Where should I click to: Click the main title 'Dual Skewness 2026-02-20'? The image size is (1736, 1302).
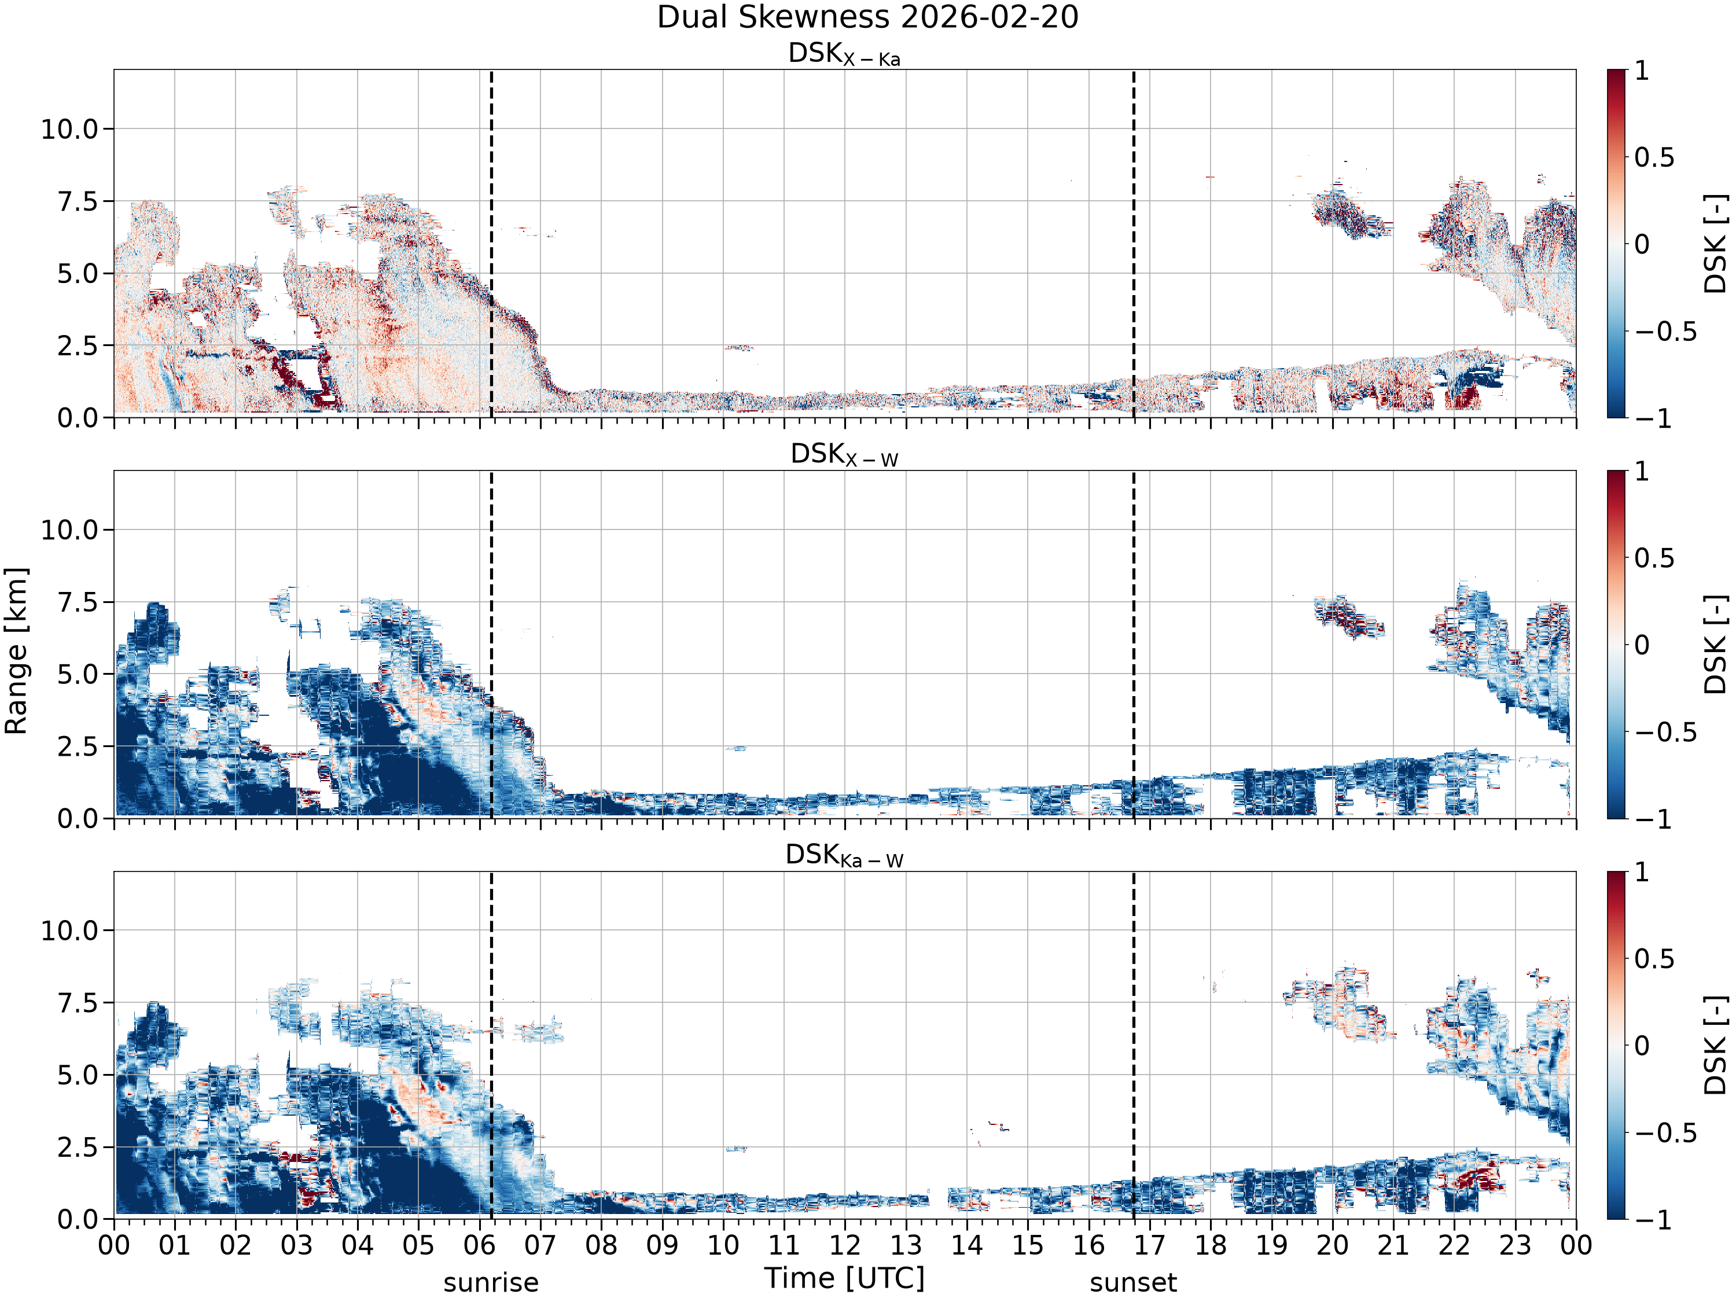[x=867, y=17]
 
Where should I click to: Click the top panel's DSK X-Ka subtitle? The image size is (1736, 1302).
[x=844, y=54]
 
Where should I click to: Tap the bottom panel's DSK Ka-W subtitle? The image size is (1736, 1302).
[x=844, y=855]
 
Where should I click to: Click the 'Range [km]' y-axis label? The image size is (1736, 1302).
[x=16, y=650]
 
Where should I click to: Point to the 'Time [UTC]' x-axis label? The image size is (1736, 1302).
[x=844, y=1278]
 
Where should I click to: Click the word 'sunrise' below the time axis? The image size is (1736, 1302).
[x=491, y=1283]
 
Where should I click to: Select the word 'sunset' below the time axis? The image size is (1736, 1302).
[x=1133, y=1283]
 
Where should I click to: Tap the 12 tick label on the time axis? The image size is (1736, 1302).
[x=845, y=1245]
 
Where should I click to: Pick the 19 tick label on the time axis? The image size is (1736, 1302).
[x=1271, y=1245]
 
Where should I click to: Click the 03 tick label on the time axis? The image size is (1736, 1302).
[x=297, y=1245]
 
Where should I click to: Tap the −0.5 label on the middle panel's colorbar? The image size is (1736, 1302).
[x=1666, y=732]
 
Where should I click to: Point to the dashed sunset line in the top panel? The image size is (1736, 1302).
[x=1133, y=242]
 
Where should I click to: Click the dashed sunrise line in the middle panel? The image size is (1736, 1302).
[x=491, y=644]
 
